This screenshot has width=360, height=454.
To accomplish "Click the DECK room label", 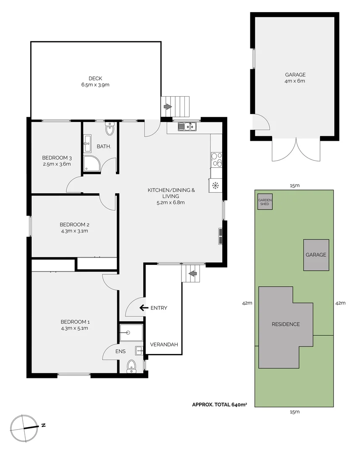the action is (x=95, y=78).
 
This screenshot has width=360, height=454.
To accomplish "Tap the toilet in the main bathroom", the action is (x=110, y=129).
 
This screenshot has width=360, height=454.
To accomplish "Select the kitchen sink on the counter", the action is (x=187, y=127).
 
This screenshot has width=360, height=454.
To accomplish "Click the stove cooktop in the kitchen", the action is (x=216, y=160).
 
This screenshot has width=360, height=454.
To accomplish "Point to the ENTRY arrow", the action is (x=144, y=307).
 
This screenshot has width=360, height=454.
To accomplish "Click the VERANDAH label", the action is (x=164, y=344).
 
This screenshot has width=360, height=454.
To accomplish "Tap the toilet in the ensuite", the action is (x=131, y=366).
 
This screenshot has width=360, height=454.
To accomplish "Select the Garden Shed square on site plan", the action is (x=265, y=201).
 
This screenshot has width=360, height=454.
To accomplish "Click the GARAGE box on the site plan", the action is (x=316, y=255).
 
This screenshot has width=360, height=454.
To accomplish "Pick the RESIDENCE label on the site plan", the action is (x=286, y=324).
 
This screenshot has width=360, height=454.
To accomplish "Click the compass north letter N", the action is (x=43, y=425).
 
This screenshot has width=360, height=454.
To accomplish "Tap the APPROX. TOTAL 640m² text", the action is (x=219, y=404).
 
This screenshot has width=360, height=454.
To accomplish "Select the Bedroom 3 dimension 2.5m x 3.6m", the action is (x=56, y=164).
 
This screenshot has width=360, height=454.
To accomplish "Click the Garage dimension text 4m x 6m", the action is (x=294, y=81).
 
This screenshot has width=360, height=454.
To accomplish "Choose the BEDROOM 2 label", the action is (x=74, y=224).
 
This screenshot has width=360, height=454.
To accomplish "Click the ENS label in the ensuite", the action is (x=121, y=351).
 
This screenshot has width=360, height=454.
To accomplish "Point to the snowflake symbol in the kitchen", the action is (x=215, y=185).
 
